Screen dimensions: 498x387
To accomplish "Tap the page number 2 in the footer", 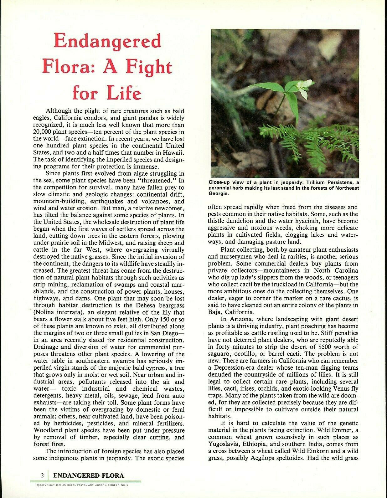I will tap(42, 475).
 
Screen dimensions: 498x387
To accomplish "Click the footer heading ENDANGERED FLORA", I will tap(89, 475).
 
